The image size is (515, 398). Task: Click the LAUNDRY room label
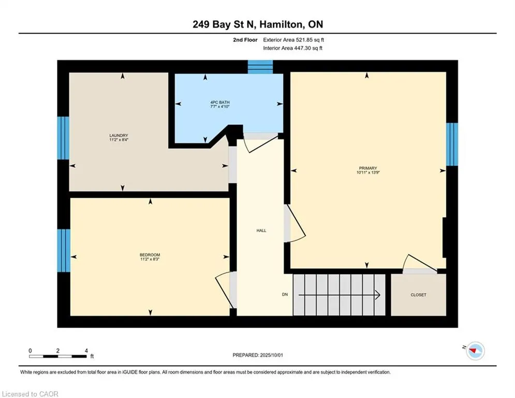click(x=119, y=136)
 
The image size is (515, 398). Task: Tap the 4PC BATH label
click(x=220, y=102)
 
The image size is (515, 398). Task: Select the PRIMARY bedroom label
click(x=368, y=168)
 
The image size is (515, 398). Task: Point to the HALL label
click(x=261, y=231)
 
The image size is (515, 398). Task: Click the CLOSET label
click(x=418, y=295)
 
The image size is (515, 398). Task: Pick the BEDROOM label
click(x=150, y=255)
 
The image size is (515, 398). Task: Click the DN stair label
click(x=285, y=294)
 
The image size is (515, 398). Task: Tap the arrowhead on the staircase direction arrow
click(x=378, y=295)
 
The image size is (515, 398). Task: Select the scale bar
click(x=58, y=356)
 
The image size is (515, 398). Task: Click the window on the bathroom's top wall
click(x=260, y=67)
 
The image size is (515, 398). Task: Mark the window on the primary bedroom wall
click(x=452, y=145)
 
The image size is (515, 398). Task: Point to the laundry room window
click(x=63, y=138)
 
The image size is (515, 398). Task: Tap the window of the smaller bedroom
click(x=64, y=251)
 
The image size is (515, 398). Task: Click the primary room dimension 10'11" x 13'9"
click(x=368, y=173)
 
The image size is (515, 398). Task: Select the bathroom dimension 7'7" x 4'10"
click(x=220, y=107)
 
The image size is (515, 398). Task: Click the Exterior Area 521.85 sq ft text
click(x=293, y=40)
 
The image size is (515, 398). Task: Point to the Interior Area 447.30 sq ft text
click(x=292, y=48)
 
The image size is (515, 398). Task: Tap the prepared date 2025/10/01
click(x=271, y=355)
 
